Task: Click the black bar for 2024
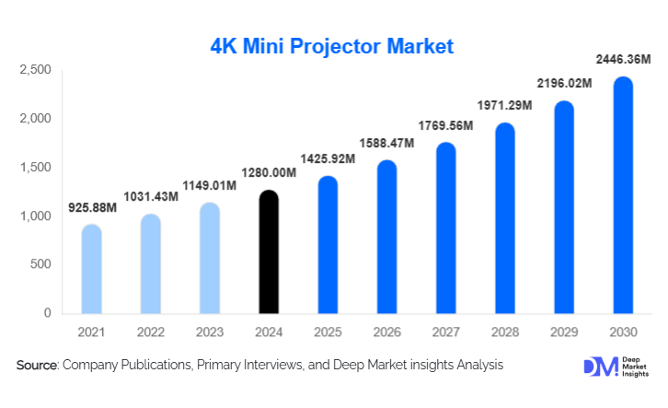[x=269, y=252]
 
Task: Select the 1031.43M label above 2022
[x=150, y=197]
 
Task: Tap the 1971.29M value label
[x=504, y=106]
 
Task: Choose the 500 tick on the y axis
[x=40, y=265]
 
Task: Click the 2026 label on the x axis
[x=386, y=330]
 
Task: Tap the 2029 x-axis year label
[x=564, y=330]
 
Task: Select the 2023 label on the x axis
[x=210, y=330]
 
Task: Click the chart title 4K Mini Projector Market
[x=332, y=46]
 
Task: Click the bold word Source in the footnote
[x=37, y=366]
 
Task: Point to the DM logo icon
[x=599, y=366]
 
